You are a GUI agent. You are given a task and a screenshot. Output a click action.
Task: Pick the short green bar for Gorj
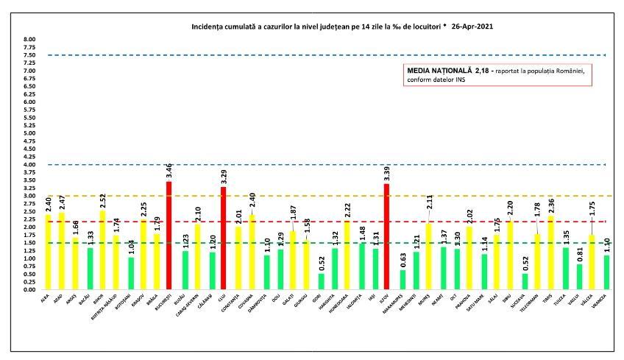click(321, 281)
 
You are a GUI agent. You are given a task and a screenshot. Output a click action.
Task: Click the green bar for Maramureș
click(403, 280)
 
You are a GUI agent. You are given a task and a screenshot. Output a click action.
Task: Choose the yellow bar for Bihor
click(103, 250)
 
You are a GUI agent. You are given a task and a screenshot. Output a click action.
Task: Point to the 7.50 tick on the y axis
click(29, 54)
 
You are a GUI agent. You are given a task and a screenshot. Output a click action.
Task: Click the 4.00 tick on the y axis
click(29, 164)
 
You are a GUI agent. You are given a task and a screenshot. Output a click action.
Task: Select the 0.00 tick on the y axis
click(29, 289)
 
